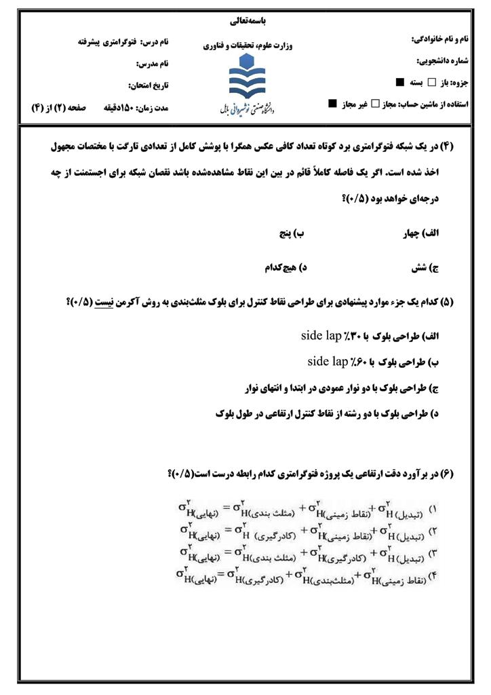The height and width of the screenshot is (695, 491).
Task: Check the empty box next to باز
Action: [x=431, y=82]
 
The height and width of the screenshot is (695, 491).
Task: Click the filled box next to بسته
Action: [x=401, y=82]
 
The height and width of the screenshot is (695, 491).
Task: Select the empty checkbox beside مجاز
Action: [x=375, y=104]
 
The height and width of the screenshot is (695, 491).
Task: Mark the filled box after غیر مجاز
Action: [x=332, y=104]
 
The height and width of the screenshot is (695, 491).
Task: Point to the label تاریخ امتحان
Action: [x=149, y=86]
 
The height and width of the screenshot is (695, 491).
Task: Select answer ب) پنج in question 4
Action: [x=292, y=233]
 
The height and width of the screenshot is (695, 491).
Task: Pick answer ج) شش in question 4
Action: [x=425, y=268]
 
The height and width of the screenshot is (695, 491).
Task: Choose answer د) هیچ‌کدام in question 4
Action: [x=286, y=268]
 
